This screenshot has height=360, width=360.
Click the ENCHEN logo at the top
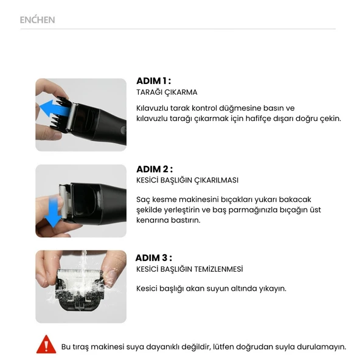tap(37, 20)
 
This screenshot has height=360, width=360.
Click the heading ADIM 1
tap(153, 81)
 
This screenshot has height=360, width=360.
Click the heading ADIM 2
tap(154, 169)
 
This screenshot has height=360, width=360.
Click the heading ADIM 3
tap(153, 257)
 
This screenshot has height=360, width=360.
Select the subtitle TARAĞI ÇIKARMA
tap(167, 92)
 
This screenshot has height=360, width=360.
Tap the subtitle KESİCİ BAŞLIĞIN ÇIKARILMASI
tap(187, 181)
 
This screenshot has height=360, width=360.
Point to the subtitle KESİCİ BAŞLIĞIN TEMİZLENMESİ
tap(189, 269)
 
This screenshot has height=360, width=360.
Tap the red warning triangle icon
tap(46, 345)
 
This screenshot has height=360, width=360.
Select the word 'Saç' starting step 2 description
tap(144, 199)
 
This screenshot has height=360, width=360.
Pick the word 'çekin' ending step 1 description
tap(329, 118)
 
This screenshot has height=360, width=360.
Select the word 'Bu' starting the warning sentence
tap(66, 347)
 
